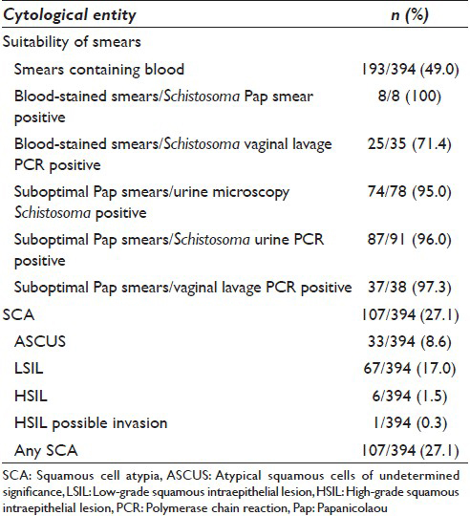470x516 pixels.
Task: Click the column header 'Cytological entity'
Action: pyautogui.click(x=70, y=15)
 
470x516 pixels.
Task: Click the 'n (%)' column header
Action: pyautogui.click(x=410, y=15)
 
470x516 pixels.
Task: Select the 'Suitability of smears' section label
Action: pyautogui.click(x=72, y=42)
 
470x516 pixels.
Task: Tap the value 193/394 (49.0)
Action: pyautogui.click(x=410, y=70)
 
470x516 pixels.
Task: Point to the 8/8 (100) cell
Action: pyautogui.click(x=410, y=97)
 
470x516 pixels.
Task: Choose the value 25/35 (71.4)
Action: pyautogui.click(x=410, y=144)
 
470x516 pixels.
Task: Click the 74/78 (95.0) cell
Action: pyautogui.click(x=410, y=191)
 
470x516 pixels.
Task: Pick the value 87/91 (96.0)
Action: pyautogui.click(x=410, y=239)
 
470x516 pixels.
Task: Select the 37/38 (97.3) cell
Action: pyautogui.click(x=410, y=288)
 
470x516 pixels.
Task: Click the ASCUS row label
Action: pyautogui.click(x=40, y=341)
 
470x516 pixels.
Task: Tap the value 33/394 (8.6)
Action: pyautogui.click(x=410, y=341)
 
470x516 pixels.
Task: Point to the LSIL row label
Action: pyautogui.click(x=29, y=369)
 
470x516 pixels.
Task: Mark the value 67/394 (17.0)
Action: pyautogui.click(x=410, y=369)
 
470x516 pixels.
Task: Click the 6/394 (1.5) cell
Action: pyautogui.click(x=410, y=396)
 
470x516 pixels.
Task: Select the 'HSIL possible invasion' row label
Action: pyautogui.click(x=91, y=423)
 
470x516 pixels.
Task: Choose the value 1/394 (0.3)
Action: pyautogui.click(x=410, y=423)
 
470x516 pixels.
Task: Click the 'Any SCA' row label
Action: pyautogui.click(x=46, y=450)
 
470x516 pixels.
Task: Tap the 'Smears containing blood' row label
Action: pyautogui.click(x=99, y=70)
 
